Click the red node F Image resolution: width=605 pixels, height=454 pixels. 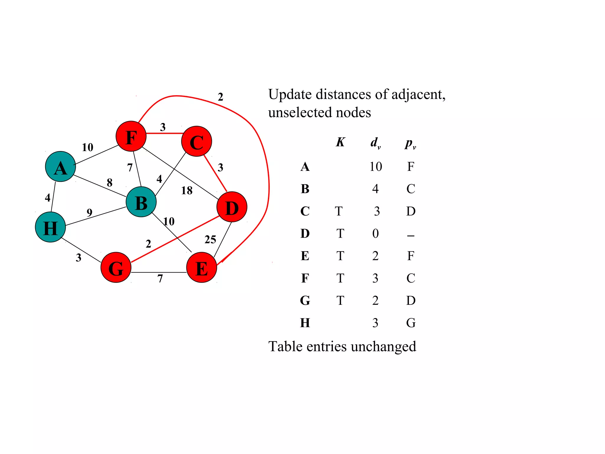(x=131, y=136)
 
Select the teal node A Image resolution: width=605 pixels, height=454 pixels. (x=60, y=167)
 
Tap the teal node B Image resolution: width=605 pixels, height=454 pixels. (x=141, y=202)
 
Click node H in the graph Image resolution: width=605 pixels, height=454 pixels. (x=50, y=227)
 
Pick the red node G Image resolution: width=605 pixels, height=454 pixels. (x=116, y=267)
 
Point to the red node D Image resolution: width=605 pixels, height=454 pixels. (x=232, y=207)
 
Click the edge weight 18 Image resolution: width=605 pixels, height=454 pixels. (x=187, y=191)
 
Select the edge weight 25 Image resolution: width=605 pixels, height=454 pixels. (x=210, y=239)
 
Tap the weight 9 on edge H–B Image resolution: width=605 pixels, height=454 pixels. (x=90, y=212)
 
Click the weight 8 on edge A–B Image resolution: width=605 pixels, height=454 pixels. (x=110, y=183)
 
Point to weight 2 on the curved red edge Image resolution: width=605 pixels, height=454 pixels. (x=220, y=97)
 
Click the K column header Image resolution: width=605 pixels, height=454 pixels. (x=340, y=142)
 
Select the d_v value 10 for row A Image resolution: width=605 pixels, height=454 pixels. (x=375, y=167)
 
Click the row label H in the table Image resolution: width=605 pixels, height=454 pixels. (x=305, y=323)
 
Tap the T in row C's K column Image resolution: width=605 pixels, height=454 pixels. (x=339, y=211)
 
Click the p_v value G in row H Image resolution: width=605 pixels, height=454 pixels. (x=411, y=323)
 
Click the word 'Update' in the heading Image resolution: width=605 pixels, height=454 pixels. (x=290, y=95)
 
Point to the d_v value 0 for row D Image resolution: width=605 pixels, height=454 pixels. (x=375, y=234)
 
